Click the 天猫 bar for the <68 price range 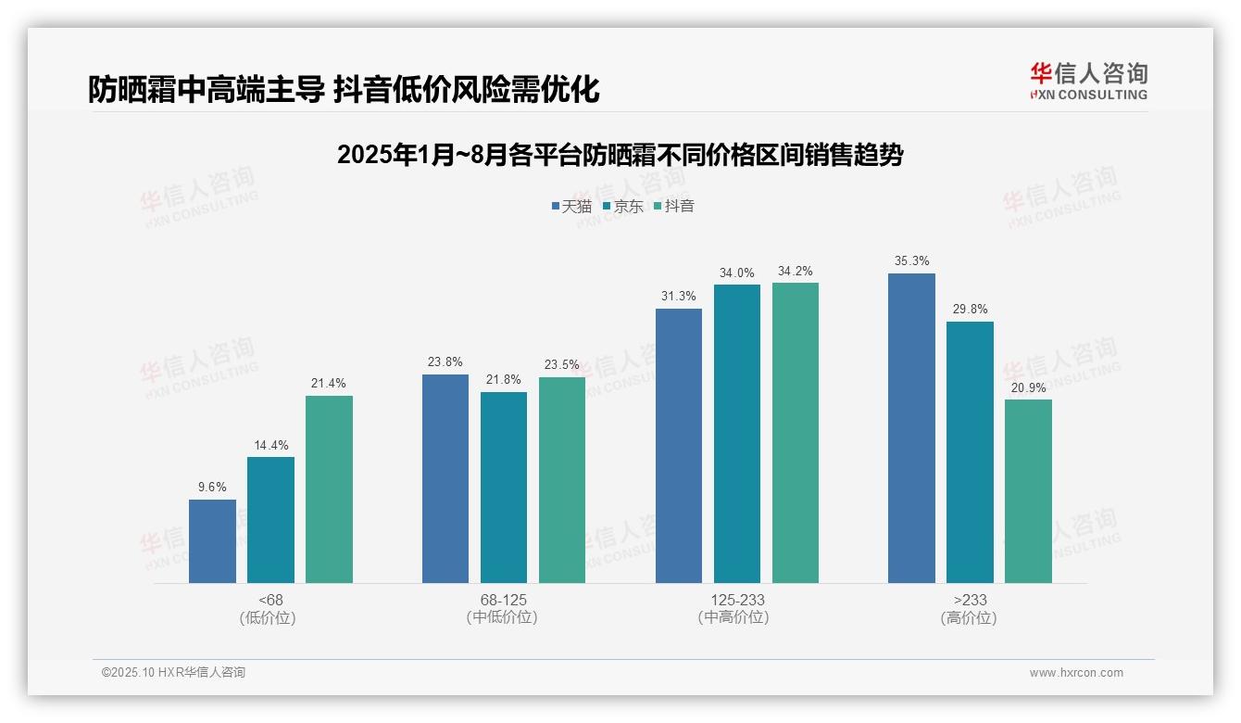tap(212, 541)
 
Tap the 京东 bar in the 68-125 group tap(504, 488)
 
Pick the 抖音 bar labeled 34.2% tap(796, 433)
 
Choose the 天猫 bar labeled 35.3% tap(911, 428)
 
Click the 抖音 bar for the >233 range tap(1028, 491)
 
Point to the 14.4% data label tap(270, 446)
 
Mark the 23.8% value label tap(445, 362)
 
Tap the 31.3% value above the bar tap(679, 297)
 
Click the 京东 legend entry tap(622, 207)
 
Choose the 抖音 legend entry tap(673, 207)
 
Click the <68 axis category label tap(271, 601)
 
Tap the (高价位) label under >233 tap(970, 618)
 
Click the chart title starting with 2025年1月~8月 tap(620, 155)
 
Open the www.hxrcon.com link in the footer tap(1076, 673)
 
